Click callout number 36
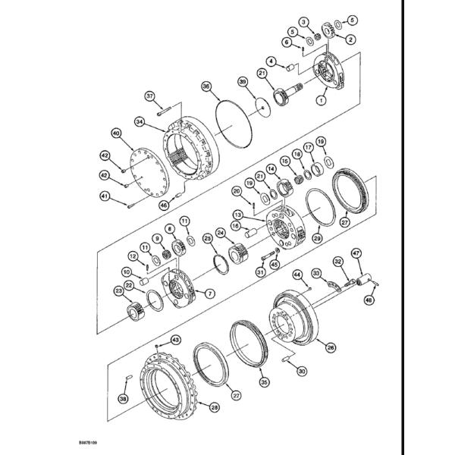[206, 87]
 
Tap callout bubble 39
[242, 81]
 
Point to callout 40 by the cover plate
[116, 133]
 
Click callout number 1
[321, 99]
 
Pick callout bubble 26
[330, 348]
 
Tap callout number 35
[264, 383]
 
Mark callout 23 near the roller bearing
[118, 289]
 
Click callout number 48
[369, 300]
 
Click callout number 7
[210, 293]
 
